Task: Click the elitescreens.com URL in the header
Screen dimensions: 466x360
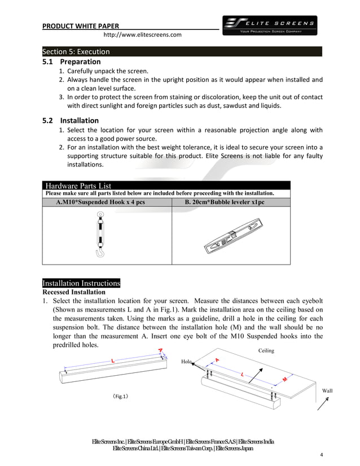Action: (142, 35)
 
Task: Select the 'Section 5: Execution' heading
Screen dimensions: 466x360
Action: (76, 51)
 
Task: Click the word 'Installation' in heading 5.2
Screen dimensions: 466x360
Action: (80, 120)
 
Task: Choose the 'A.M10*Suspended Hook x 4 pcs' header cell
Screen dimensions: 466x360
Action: (106, 201)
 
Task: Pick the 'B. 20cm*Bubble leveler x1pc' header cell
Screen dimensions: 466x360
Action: (230, 201)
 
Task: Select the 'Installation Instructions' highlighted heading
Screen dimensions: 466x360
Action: (81, 283)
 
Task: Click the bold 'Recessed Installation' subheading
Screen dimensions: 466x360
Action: (74, 292)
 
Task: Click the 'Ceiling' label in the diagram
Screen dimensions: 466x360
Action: (266, 350)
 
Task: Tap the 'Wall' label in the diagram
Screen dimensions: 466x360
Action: (327, 390)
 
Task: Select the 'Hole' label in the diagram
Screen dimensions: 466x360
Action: (187, 361)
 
